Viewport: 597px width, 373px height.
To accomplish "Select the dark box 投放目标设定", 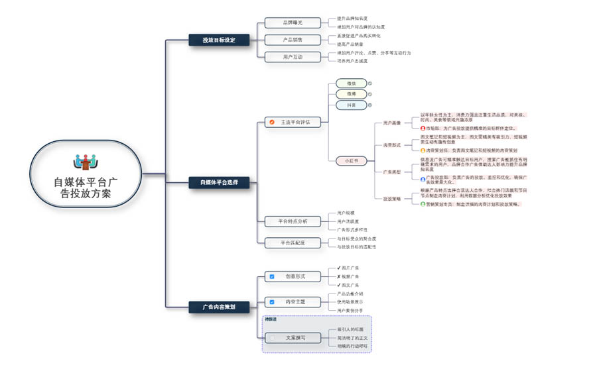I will click(219, 40).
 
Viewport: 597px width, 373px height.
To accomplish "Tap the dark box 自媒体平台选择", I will click(219, 183).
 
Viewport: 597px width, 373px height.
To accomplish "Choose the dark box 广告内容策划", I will click(219, 307).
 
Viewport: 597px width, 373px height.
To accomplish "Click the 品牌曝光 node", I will click(292, 23).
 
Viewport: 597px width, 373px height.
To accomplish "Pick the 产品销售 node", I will click(292, 40).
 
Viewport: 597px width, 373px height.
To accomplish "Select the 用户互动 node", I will click(292, 57).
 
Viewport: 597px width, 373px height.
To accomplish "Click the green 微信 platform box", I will click(351, 83).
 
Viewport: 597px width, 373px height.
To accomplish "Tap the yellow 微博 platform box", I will click(351, 94).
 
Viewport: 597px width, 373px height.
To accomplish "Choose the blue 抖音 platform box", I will click(351, 105).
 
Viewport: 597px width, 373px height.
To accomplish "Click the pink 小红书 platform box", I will click(351, 160).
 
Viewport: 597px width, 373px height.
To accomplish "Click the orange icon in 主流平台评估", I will click(271, 122).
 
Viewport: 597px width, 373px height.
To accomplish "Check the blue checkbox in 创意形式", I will click(271, 276).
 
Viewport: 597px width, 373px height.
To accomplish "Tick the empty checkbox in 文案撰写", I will click(271, 338).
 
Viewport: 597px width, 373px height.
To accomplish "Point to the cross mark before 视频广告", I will click(339, 276).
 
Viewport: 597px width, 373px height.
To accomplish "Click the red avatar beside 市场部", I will click(423, 128).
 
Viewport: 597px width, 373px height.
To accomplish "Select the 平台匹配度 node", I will click(292, 242).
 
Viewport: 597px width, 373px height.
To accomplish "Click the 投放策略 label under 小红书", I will click(391, 198).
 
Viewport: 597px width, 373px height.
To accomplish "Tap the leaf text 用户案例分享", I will click(350, 310).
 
